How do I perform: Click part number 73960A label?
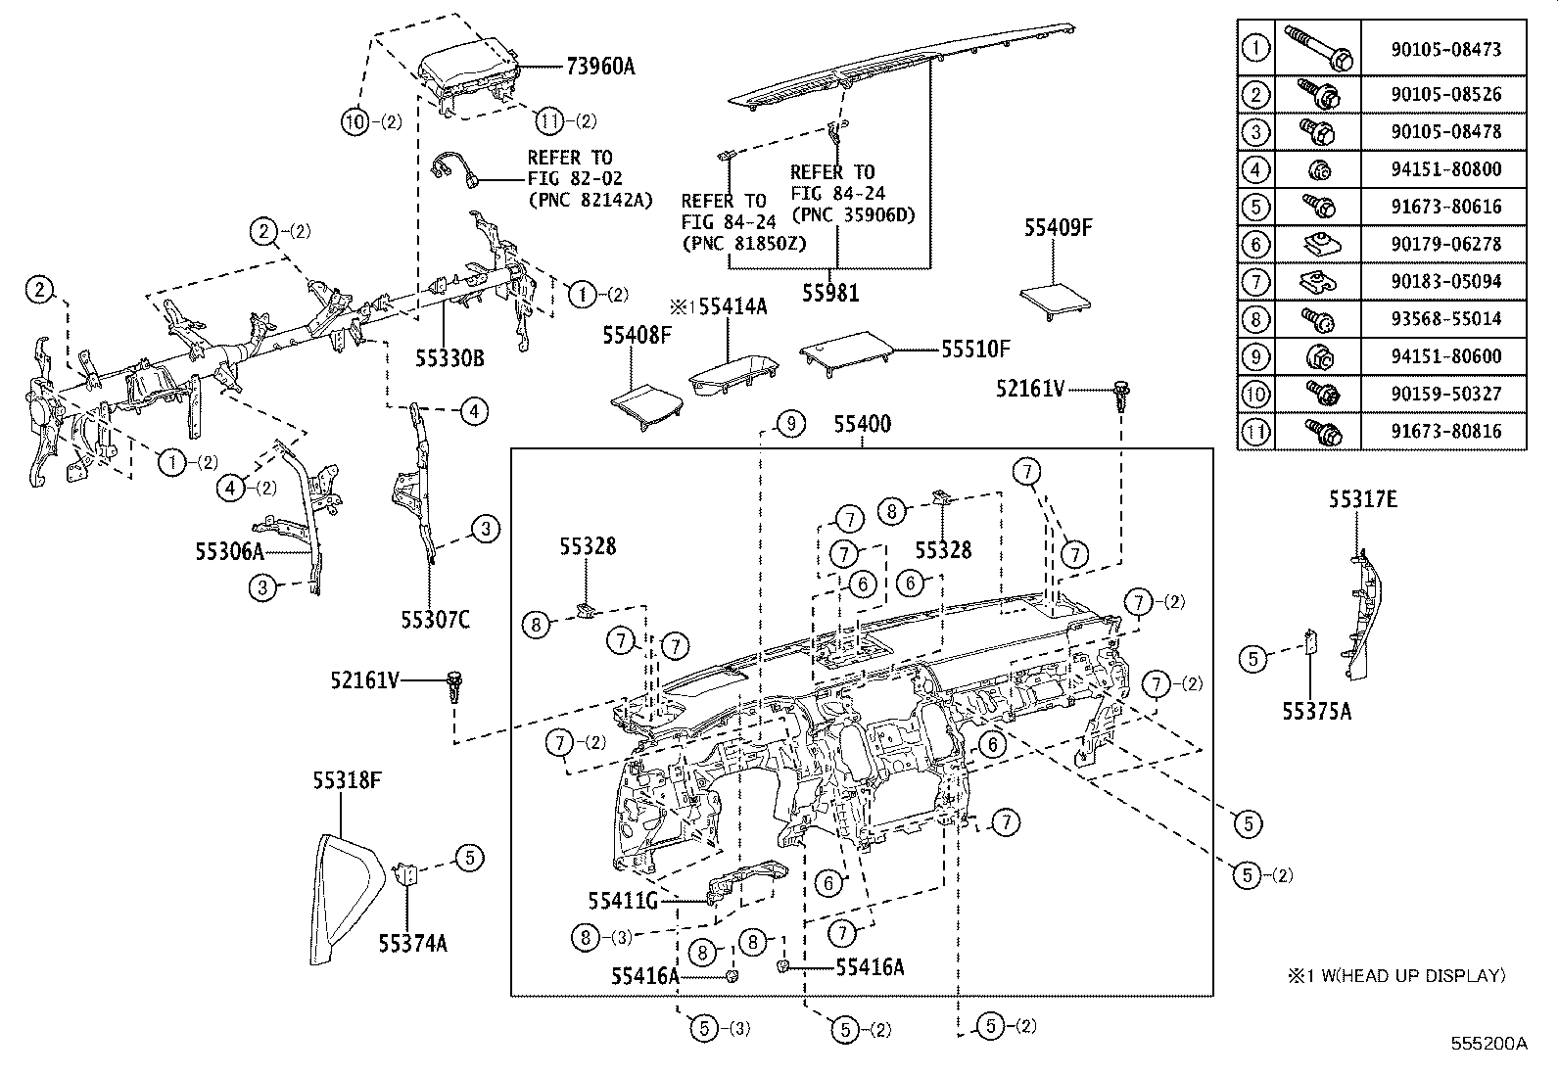599,67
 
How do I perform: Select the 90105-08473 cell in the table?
1444,49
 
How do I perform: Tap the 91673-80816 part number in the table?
1444,432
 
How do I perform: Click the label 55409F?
1058,228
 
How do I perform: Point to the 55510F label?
975,348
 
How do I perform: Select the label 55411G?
623,900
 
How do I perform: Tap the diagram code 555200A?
1489,1044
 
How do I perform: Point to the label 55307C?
435,619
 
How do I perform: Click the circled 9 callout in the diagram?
790,424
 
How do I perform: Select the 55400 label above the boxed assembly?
862,424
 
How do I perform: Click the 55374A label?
413,943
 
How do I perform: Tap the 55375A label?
1317,712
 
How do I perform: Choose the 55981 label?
830,292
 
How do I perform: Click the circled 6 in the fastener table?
1255,245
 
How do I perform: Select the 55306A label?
229,551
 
